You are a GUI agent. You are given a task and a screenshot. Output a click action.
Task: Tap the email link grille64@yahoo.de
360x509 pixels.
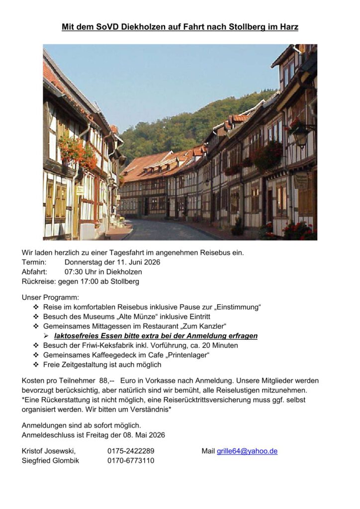pyautogui.click(x=247, y=451)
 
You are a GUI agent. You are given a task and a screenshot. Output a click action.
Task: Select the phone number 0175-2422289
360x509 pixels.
pyautogui.click(x=131, y=451)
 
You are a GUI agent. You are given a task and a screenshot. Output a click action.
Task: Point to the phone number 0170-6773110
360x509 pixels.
pyautogui.click(x=131, y=460)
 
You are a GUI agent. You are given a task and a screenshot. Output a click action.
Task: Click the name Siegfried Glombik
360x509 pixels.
pyautogui.click(x=50, y=460)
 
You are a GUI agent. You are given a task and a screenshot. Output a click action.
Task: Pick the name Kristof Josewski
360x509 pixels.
pyautogui.click(x=49, y=451)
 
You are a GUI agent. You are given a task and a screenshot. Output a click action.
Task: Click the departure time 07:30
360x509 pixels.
pyautogui.click(x=75, y=272)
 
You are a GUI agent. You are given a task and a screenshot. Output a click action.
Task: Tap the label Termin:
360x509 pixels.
pyautogui.click(x=34, y=262)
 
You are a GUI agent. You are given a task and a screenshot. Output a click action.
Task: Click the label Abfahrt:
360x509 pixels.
pyautogui.click(x=34, y=272)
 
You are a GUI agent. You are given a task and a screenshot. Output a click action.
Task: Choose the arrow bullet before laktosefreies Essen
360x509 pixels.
pyautogui.click(x=46, y=336)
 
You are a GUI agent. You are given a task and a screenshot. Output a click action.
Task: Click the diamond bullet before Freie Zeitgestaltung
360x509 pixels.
pyautogui.click(x=36, y=364)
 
